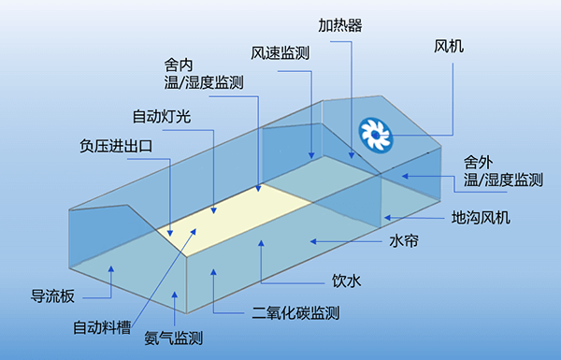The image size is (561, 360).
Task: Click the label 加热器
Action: tap(340, 25)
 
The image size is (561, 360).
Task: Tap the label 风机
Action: tap(449, 47)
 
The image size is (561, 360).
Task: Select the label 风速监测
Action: tap(280, 53)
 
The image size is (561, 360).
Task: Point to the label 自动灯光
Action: tap(162, 117)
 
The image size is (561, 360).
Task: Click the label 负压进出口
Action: tap(116, 146)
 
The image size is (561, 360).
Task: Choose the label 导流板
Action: tap(52, 296)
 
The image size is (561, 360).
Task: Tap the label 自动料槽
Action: tap(102, 327)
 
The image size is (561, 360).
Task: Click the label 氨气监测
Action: tap(174, 338)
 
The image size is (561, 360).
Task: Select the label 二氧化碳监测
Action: tap(295, 313)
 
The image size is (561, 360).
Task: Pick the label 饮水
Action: tap(346, 281)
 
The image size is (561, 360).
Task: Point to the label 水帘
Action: tap(404, 241)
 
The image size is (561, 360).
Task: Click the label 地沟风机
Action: tap(481, 218)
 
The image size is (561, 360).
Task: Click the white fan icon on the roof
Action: tap(375, 135)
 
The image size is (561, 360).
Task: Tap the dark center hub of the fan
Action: tap(375, 135)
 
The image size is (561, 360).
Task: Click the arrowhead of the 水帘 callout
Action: tap(313, 242)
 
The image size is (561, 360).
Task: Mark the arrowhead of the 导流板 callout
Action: tap(111, 268)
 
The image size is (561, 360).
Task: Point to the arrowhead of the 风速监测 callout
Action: tap(311, 155)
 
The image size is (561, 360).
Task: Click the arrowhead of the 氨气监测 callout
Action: tap(175, 295)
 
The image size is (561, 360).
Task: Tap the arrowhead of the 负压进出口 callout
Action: tap(170, 234)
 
